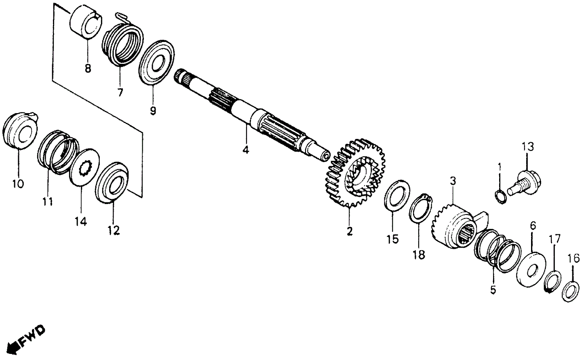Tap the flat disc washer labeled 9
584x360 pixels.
[x=156, y=62]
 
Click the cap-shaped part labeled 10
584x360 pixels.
[x=20, y=132]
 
